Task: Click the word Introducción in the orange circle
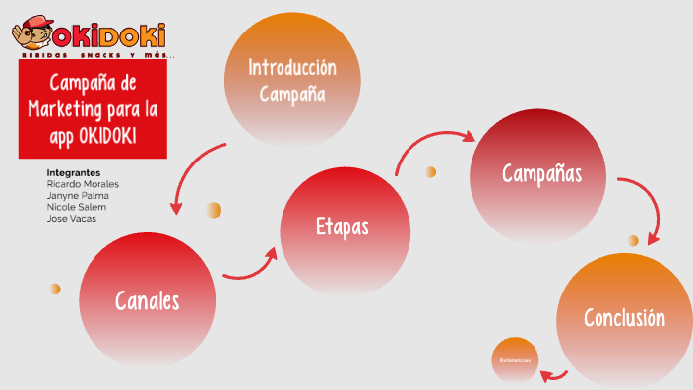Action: pos(291,68)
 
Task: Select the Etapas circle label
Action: pos(343,227)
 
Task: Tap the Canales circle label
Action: pos(148,300)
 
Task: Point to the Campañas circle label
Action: pos(541,174)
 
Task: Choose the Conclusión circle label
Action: pos(624,318)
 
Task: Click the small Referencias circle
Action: pos(515,360)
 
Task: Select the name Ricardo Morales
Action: pos(84,184)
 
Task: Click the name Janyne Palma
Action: pos(78,196)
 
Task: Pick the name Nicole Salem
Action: pos(77,207)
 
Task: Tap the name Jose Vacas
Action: pos(71,219)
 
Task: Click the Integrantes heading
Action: pos(74,172)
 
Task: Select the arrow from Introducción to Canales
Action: pos(192,172)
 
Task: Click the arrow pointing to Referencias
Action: pos(555,373)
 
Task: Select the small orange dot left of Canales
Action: pos(55,289)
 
